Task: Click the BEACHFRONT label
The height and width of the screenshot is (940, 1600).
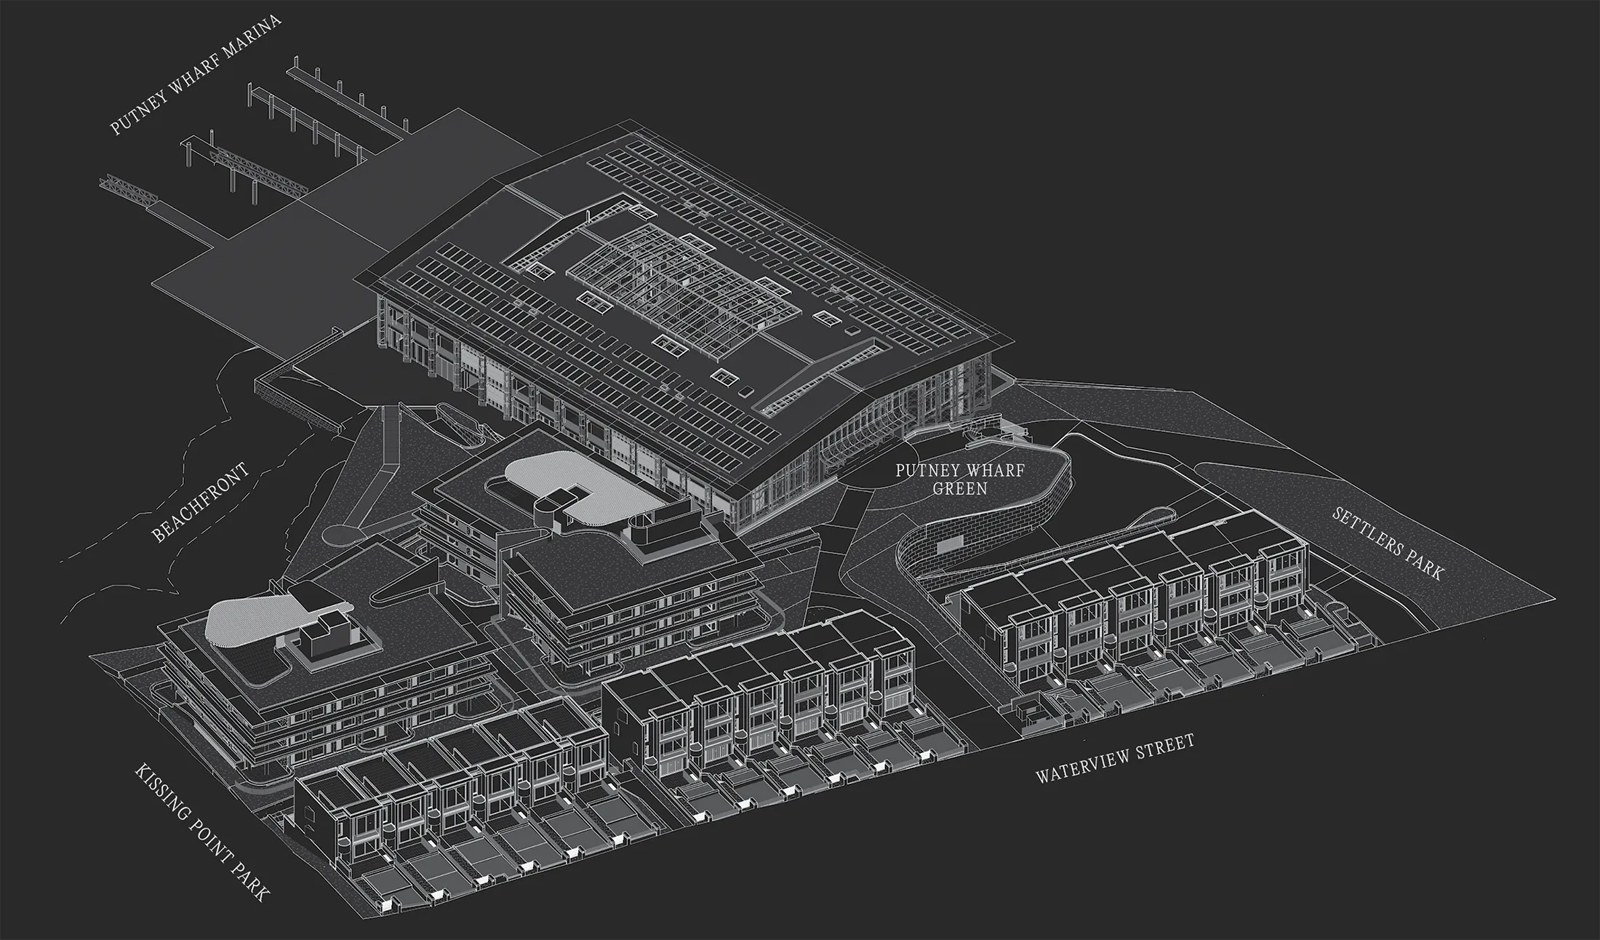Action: click(x=201, y=502)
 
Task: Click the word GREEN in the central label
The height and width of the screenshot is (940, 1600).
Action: click(x=960, y=488)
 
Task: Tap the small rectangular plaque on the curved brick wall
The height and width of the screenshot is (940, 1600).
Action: click(x=951, y=544)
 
